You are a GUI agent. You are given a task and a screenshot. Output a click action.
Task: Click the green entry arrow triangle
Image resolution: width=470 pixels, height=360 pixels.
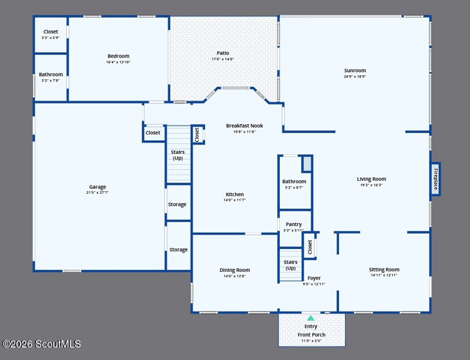point(311,318)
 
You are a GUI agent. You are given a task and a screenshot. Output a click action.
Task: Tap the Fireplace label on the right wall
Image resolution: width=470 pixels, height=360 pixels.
point(435,179)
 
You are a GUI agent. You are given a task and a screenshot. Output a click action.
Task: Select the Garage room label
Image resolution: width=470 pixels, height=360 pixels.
point(98,187)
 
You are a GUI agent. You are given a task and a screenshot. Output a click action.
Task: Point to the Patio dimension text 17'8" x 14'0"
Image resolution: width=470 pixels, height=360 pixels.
point(223,59)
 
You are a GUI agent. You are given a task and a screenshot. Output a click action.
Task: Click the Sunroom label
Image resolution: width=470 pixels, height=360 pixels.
point(355,70)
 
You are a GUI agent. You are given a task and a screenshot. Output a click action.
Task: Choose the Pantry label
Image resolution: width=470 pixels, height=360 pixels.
point(294,224)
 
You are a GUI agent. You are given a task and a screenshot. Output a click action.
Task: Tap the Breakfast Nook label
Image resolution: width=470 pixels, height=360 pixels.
point(244,126)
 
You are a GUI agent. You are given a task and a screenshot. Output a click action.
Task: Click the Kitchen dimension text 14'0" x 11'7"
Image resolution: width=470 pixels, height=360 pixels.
point(234,200)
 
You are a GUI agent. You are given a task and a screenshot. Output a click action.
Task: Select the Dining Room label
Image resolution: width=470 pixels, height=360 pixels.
point(234,270)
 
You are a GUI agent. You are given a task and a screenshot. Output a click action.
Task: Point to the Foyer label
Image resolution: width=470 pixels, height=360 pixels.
point(314,278)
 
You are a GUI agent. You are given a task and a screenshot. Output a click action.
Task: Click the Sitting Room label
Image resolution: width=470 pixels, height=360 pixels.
point(384,270)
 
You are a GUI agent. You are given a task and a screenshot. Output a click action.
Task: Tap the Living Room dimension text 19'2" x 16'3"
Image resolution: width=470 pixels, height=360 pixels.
point(371,185)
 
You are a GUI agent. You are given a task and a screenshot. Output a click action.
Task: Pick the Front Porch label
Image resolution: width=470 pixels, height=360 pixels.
point(311,335)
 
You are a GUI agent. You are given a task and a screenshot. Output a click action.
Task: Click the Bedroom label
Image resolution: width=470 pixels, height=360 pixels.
point(119,56)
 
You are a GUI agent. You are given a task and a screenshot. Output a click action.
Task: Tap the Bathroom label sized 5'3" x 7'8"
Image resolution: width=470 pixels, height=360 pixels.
point(51,75)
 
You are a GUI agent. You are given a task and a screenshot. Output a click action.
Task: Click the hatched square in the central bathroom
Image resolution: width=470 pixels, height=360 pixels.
point(307,164)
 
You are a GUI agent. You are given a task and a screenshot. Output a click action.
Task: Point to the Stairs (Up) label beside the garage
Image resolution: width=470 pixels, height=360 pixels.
point(178,155)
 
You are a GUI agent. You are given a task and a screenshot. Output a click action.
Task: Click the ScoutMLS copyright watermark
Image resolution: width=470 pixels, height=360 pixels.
point(41,344)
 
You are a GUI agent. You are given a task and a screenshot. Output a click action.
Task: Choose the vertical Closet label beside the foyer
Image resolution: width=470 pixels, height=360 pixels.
point(310,247)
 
